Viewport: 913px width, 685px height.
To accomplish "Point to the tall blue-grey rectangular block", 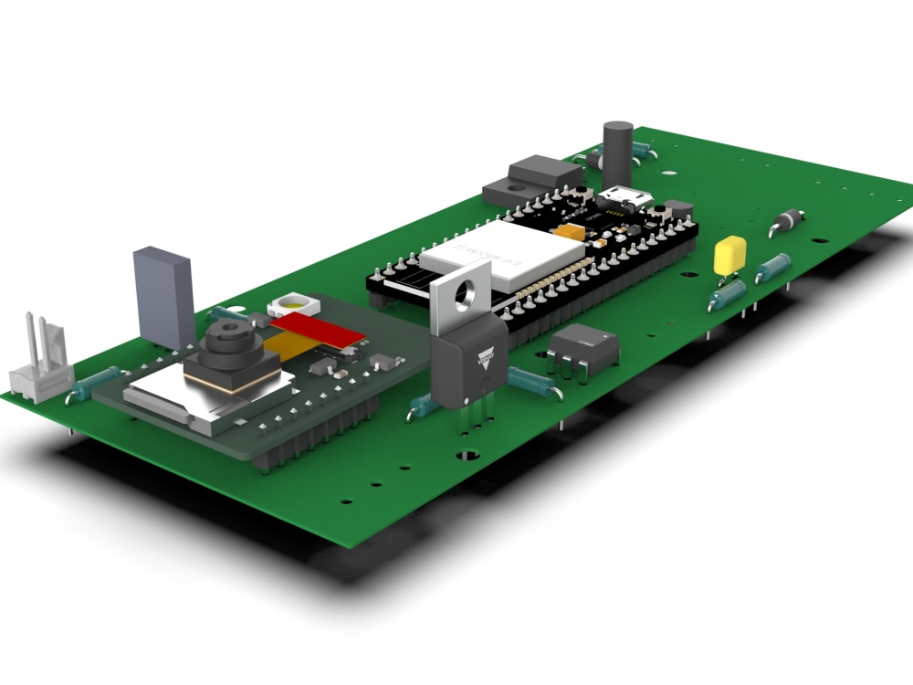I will click(164, 297).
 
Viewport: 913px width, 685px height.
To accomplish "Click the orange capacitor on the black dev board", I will click(573, 232).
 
